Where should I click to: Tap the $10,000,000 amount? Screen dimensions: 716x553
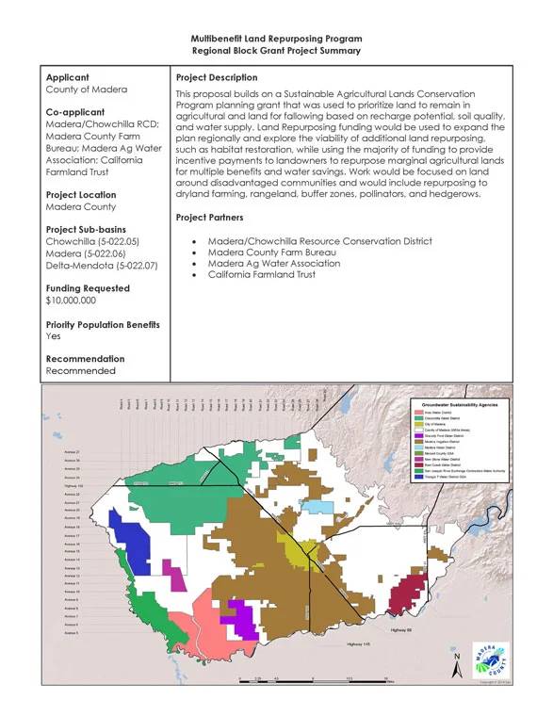(71, 301)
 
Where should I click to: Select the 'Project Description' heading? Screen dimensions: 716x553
(217, 77)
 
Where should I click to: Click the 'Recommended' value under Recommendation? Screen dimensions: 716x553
(80, 370)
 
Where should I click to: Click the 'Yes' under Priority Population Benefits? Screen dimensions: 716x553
(55, 335)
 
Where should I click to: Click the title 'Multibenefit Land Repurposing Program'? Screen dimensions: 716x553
(275, 38)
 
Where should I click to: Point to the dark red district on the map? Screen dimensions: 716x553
(404, 594)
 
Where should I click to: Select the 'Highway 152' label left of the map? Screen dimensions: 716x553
(73, 486)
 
